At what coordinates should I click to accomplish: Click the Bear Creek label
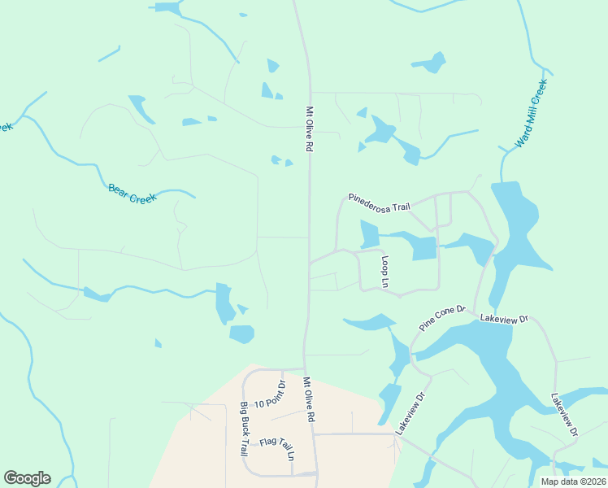tap(131, 194)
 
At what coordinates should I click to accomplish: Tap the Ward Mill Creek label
tap(532, 113)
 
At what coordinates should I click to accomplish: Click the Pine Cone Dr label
tap(442, 317)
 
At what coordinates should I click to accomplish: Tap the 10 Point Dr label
tap(270, 398)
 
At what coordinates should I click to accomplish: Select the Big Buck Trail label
tap(243, 428)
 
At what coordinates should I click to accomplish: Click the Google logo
tap(27, 478)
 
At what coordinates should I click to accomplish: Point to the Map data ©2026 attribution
tap(573, 481)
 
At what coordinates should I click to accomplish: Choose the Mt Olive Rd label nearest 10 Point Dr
tap(308, 399)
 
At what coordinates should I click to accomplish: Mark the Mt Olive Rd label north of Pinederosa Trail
tap(309, 130)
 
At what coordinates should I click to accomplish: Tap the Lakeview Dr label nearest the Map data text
tap(563, 416)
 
